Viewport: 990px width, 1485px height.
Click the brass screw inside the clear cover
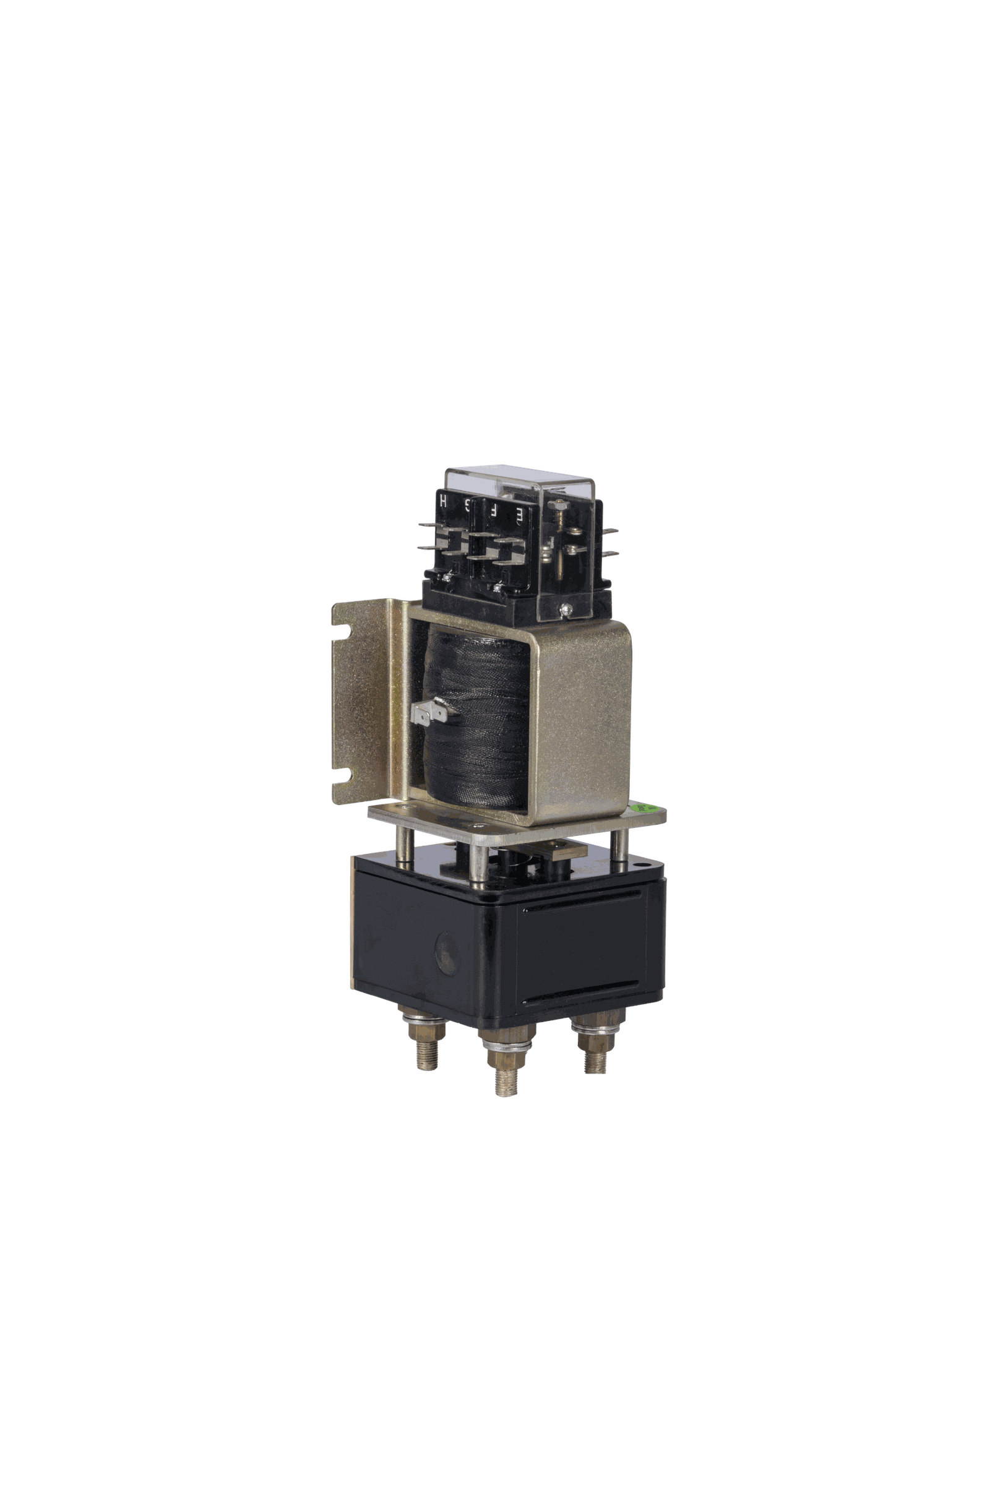click(557, 505)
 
